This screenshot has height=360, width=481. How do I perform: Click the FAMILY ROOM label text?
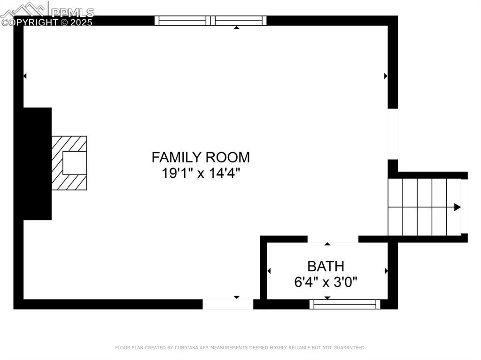(x=201, y=157)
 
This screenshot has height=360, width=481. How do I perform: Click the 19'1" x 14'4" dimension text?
(x=201, y=173)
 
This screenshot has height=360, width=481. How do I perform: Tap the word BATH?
(x=326, y=267)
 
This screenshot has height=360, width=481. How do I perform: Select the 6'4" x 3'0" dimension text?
(x=326, y=282)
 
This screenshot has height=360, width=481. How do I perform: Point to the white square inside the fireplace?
(x=74, y=163)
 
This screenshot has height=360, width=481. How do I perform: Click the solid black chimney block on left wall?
(x=37, y=163)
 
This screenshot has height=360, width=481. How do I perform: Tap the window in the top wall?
(x=210, y=21)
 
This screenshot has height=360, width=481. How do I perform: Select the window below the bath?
(x=345, y=305)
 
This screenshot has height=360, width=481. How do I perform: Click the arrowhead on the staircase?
(x=457, y=207)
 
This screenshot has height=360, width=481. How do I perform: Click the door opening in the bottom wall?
(x=228, y=305)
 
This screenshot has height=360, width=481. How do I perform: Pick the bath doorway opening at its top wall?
(x=333, y=239)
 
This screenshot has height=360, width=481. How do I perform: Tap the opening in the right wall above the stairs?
(x=393, y=134)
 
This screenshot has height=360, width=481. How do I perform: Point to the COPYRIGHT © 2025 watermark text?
(x=47, y=22)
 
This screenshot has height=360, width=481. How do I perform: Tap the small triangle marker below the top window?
(x=237, y=28)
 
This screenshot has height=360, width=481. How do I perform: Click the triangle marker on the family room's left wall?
(x=25, y=76)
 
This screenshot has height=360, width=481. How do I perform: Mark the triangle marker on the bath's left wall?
(x=269, y=271)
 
